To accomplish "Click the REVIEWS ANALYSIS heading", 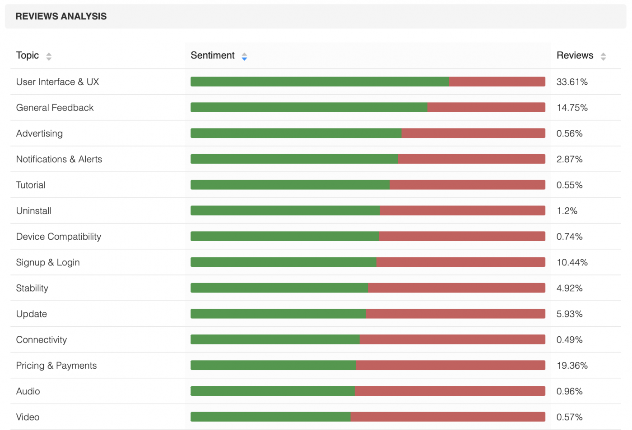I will (61, 16).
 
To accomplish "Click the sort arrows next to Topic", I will (49, 56).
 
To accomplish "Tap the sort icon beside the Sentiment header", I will (244, 56).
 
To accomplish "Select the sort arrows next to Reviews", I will (603, 56).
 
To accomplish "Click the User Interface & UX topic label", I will (57, 82).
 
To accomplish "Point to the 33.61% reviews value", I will (572, 82).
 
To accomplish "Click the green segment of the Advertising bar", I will (296, 133).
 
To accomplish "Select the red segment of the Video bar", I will (447, 417).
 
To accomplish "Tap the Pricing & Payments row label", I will (56, 366).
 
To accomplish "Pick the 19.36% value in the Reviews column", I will (572, 366).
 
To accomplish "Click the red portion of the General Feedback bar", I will (486, 108).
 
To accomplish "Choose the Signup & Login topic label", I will (48, 262).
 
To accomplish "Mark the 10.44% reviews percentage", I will (572, 262).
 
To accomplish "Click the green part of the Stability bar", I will (279, 288).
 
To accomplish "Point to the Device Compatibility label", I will (59, 237).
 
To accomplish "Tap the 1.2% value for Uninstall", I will (567, 211).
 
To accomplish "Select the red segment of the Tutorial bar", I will (467, 185).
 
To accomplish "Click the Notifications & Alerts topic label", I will (59, 159).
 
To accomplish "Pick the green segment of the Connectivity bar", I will (275, 339).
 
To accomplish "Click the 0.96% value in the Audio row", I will (569, 391).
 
